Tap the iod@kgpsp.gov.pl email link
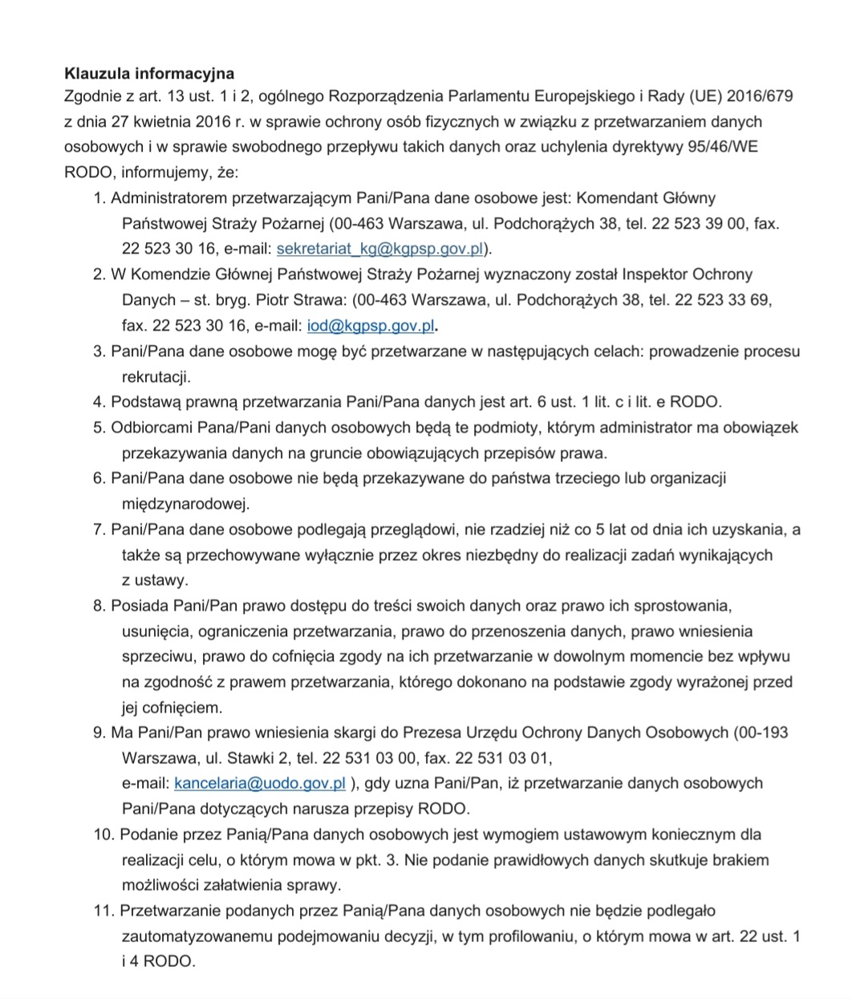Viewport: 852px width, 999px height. [371, 325]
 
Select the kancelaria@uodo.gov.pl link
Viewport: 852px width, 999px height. [259, 782]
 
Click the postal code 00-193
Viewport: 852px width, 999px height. [761, 732]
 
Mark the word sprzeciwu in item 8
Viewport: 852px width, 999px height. [156, 656]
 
